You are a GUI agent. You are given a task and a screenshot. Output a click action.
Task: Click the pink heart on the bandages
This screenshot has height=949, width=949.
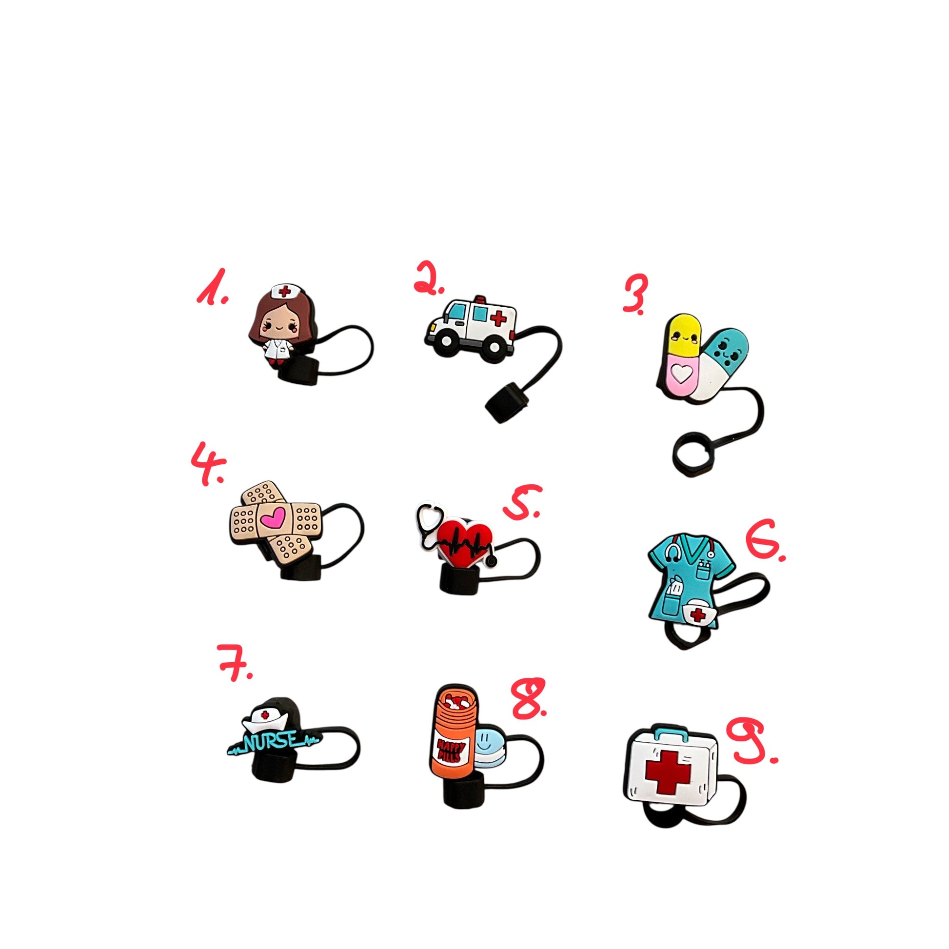coord(273,517)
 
